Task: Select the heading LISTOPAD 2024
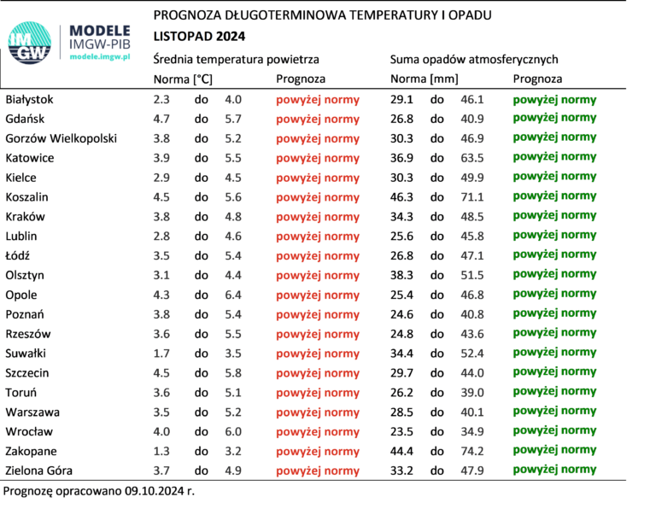[199, 36]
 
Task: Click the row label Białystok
[29, 100]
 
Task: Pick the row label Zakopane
[30, 451]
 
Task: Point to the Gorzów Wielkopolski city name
[61, 138]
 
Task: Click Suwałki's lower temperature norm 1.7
[161, 353]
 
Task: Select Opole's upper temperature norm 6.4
[232, 295]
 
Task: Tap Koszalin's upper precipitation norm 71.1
[472, 197]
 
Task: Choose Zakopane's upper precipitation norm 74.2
[472, 451]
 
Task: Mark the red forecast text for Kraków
[318, 217]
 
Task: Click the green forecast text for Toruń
[554, 392]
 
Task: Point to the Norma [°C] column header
[183, 79]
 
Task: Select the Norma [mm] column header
[424, 79]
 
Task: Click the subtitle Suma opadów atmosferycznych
[474, 60]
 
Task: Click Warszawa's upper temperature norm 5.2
[232, 412]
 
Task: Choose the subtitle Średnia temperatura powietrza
[237, 60]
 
